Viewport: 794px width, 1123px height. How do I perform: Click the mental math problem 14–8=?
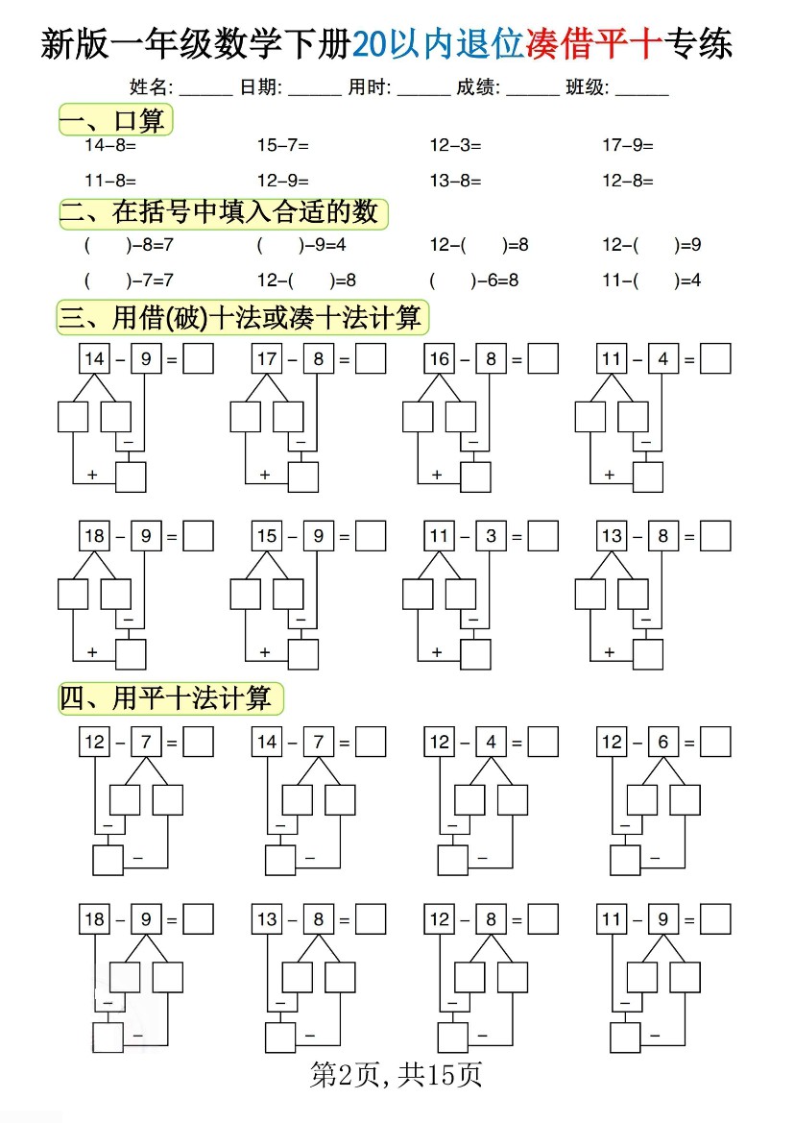coord(110,145)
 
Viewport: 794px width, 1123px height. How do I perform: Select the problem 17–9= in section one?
coord(628,145)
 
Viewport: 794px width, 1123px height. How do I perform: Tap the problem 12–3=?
coord(455,145)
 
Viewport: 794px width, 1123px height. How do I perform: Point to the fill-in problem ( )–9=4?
coord(301,245)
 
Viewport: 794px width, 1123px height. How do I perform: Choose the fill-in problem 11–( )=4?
coord(652,281)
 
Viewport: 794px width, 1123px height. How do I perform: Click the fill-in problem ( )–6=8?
coord(474,281)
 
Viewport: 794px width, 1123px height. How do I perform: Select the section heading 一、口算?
coord(115,120)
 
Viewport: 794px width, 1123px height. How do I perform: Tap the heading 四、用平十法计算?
coord(170,698)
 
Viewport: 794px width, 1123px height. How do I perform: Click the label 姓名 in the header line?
coord(151,87)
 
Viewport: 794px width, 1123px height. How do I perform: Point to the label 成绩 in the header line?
coord(478,87)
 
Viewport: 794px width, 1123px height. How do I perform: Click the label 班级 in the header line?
coord(587,87)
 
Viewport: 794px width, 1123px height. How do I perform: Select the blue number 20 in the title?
coord(370,44)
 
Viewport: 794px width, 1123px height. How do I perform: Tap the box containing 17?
coord(267,359)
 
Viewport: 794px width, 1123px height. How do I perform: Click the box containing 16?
coord(440,359)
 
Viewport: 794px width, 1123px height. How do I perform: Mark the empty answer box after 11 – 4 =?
coord(715,359)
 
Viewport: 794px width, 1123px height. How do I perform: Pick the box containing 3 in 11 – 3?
coord(492,536)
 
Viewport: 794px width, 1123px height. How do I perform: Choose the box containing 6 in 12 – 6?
coord(663,742)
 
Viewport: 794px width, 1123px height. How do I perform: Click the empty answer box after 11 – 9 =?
coord(715,919)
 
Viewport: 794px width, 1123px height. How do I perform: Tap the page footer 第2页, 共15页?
coord(396,1074)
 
